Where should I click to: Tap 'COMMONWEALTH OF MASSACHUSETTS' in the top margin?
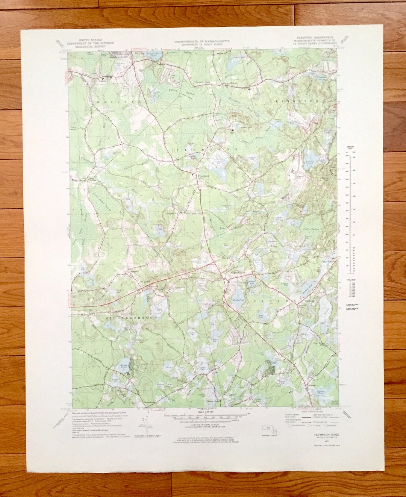click(202, 41)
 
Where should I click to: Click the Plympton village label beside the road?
click(203, 175)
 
